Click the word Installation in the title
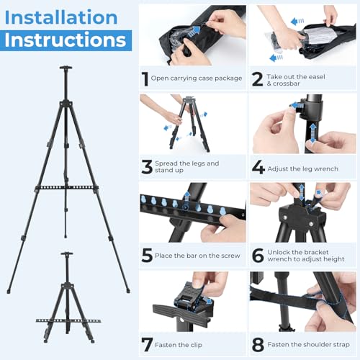[x=61, y=17]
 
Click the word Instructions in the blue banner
[x=66, y=40]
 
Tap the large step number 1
[x=145, y=79]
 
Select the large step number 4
[x=258, y=167]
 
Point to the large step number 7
[x=147, y=345]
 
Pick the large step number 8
[x=258, y=345]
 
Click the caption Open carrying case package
[x=197, y=78]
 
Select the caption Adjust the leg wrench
[x=302, y=168]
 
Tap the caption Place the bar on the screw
[x=197, y=256]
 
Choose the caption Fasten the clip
[x=179, y=345]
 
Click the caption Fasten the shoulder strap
[x=308, y=344]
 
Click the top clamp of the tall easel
[x=66, y=68]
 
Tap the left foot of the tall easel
[x=9, y=291]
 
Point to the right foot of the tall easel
[x=128, y=291]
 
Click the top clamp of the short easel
[x=67, y=253]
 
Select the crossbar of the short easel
[x=68, y=320]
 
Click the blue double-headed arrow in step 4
[x=312, y=133]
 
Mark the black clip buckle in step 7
[x=192, y=297]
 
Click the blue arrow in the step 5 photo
[x=186, y=197]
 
